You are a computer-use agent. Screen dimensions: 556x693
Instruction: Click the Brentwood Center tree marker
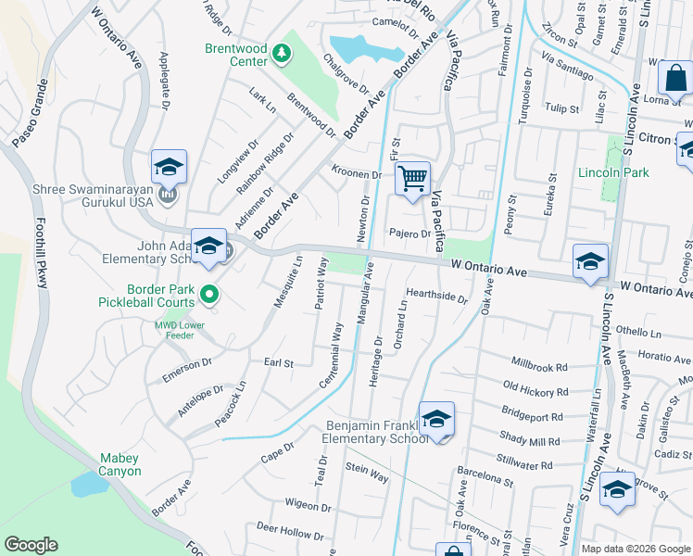tap(281, 55)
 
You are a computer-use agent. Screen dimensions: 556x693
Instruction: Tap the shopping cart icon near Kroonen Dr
tap(413, 176)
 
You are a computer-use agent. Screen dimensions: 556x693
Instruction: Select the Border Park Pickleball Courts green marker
tap(209, 295)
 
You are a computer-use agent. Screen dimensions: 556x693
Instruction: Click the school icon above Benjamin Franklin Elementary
tap(436, 420)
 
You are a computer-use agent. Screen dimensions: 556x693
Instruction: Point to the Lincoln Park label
tap(613, 172)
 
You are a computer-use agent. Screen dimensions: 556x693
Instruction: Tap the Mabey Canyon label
tap(120, 464)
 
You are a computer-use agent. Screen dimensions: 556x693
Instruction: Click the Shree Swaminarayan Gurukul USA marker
tap(168, 195)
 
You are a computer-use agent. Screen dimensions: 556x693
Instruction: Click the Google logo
tap(31, 544)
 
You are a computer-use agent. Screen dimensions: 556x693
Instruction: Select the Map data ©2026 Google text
tap(636, 549)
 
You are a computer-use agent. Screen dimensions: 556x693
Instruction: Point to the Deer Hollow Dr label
tap(290, 532)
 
